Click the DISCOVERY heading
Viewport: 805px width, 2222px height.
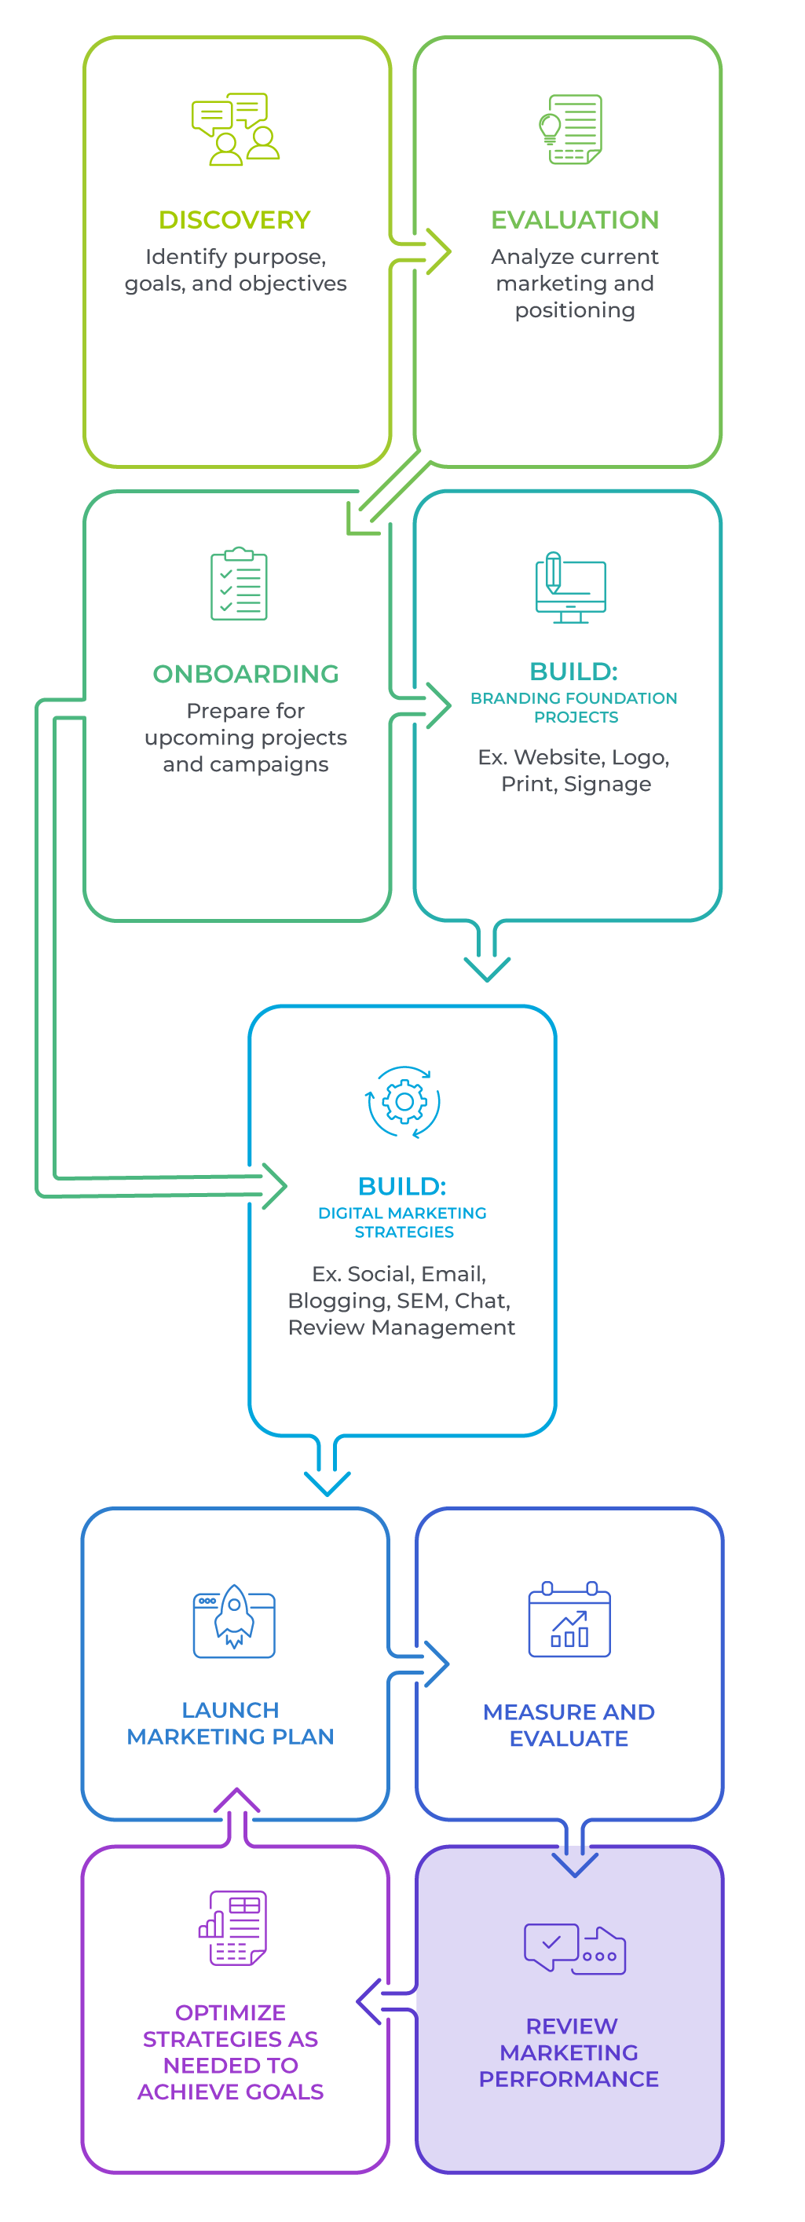point(235,220)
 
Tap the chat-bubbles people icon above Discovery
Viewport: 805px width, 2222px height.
point(236,130)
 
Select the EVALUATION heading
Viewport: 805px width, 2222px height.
point(575,220)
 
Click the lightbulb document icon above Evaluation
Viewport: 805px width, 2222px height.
point(570,130)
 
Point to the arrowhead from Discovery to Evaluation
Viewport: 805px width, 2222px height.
point(438,252)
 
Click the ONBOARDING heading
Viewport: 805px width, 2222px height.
point(246,674)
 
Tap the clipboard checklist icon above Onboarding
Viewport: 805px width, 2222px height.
point(239,584)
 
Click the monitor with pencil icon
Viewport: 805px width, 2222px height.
point(570,587)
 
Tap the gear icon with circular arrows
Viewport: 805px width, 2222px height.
point(403,1101)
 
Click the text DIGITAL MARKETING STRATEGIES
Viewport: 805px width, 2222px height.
point(403,1222)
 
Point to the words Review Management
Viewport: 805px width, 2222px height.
point(402,1327)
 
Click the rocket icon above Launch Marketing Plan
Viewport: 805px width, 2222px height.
point(234,1619)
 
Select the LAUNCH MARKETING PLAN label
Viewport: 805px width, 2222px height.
point(230,1722)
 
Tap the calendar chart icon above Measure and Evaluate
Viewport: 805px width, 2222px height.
point(569,1619)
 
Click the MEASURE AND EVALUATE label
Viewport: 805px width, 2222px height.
point(569,1724)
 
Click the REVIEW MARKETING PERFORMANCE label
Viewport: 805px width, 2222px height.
point(569,2052)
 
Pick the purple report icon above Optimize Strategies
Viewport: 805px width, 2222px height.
point(233,1928)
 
